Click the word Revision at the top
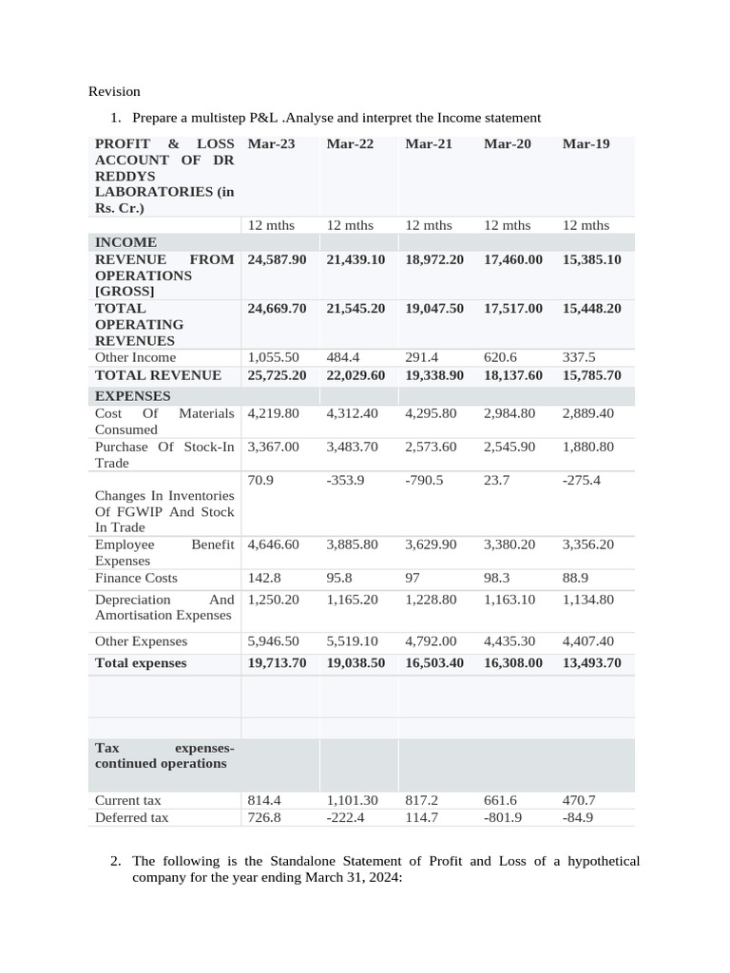(114, 91)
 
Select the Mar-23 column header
(271, 143)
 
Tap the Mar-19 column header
(586, 143)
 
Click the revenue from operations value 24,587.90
(277, 259)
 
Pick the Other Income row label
(135, 357)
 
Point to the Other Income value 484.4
(344, 357)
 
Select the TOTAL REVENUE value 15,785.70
(591, 375)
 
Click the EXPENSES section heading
(132, 395)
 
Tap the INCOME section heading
(125, 242)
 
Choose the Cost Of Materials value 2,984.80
(509, 413)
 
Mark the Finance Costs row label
(136, 578)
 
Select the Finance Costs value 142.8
(265, 578)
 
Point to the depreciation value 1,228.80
(431, 600)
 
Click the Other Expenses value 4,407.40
(588, 641)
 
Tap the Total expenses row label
(141, 663)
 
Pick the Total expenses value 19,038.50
(355, 663)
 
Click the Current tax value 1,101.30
(352, 800)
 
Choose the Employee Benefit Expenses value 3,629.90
(431, 544)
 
